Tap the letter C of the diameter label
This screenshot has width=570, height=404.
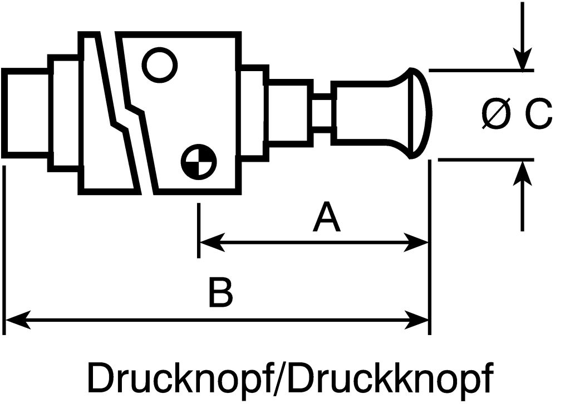(x=539, y=114)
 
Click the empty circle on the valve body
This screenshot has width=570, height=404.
(x=160, y=64)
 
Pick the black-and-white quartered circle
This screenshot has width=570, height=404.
(x=199, y=162)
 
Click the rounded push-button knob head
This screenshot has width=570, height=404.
(x=417, y=113)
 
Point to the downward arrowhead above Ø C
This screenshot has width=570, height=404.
(x=522, y=61)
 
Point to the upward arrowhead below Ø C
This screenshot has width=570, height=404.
(x=522, y=170)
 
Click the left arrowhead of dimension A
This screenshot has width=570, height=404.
(x=209, y=242)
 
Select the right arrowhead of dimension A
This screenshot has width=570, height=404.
(x=419, y=242)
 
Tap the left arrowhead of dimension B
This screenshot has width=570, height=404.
(x=14, y=321)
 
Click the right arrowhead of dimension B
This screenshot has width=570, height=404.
(x=419, y=321)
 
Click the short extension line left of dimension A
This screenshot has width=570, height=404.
(x=199, y=231)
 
